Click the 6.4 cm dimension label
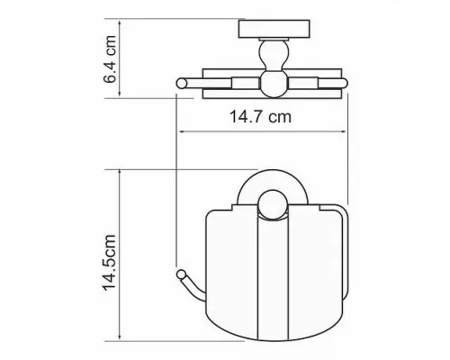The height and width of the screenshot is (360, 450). click(109, 59)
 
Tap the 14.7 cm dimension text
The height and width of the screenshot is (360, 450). click(260, 117)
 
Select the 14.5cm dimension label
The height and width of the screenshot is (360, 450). click(109, 263)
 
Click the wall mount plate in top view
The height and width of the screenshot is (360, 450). click(274, 29)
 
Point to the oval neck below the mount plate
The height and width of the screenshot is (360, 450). click(274, 56)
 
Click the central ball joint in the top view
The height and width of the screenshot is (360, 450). click(274, 84)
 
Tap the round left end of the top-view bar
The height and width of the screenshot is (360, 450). click(181, 84)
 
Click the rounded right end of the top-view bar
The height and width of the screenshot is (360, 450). click(344, 83)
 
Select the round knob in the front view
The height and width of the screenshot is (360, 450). click(274, 205)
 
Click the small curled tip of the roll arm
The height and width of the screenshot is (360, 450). click(181, 274)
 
